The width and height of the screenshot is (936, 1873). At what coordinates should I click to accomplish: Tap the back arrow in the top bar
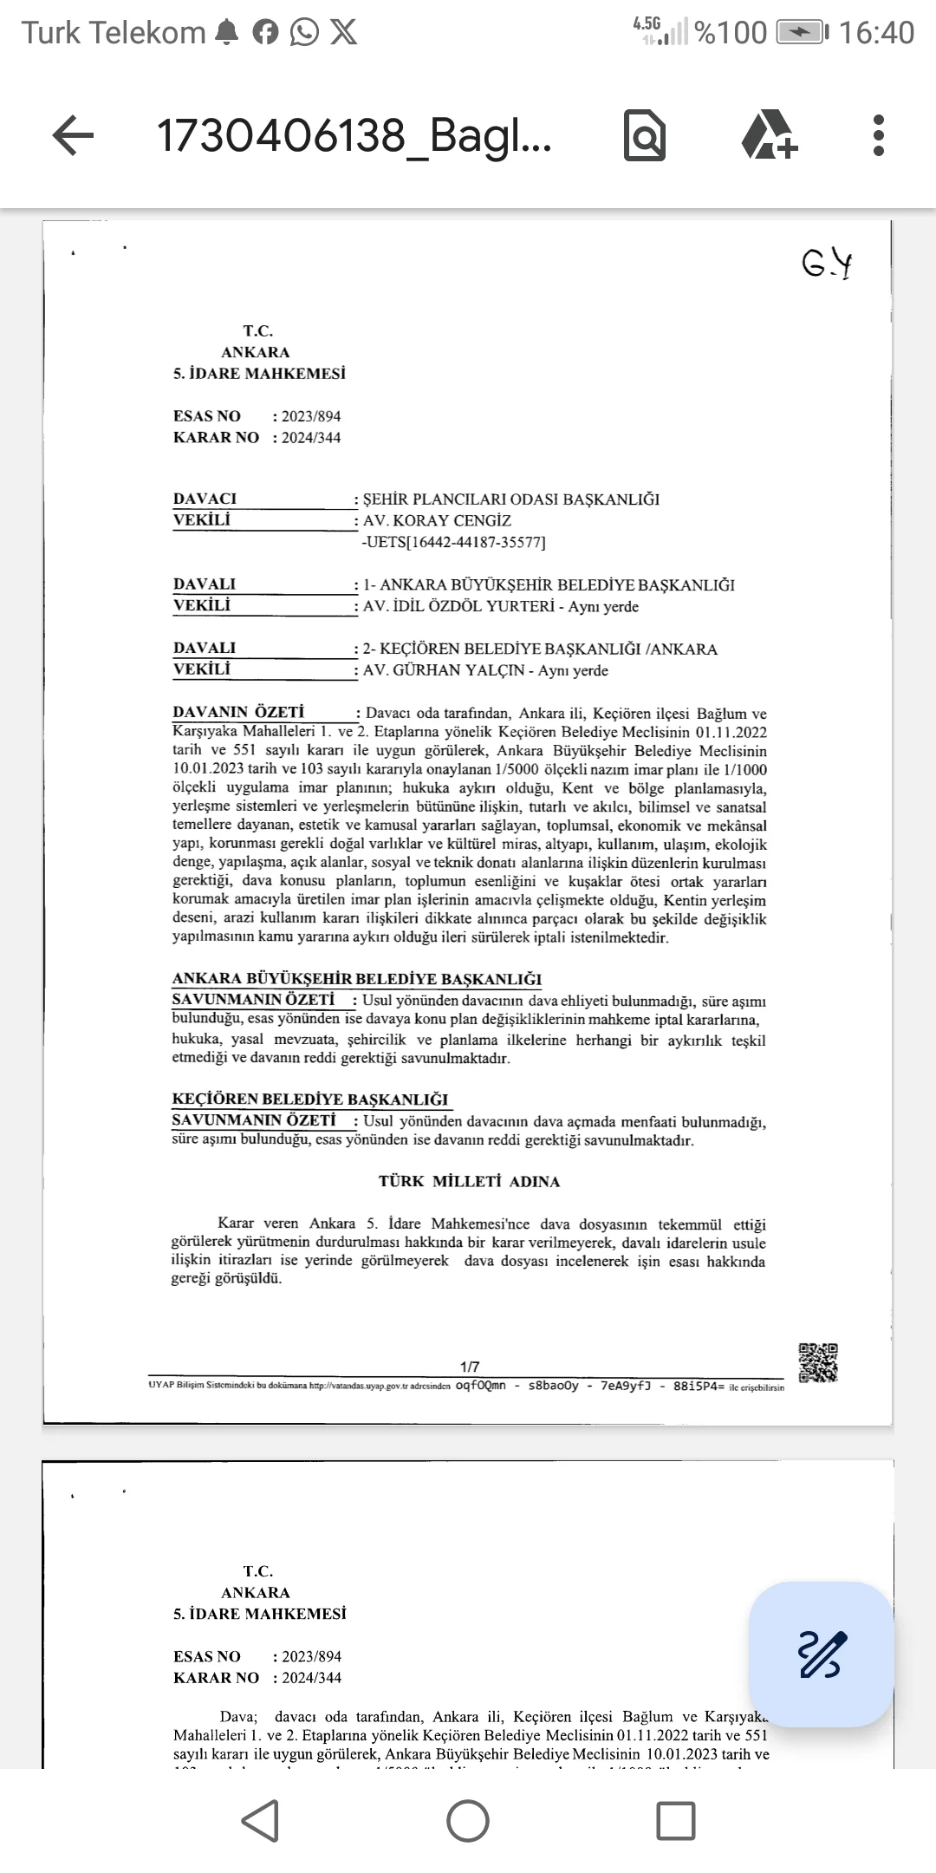pos(74,136)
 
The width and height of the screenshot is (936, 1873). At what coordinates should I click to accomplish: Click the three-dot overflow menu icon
pos(879,136)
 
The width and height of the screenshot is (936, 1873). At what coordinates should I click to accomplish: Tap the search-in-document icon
pos(645,136)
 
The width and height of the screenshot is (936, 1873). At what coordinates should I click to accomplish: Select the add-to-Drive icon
pos(769,136)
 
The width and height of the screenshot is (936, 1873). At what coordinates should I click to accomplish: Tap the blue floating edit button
pos(821,1654)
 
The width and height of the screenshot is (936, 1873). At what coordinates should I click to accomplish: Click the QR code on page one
pos(818,1362)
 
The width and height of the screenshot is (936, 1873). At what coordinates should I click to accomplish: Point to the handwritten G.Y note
pos(827,264)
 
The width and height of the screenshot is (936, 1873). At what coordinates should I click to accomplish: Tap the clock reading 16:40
pos(876,33)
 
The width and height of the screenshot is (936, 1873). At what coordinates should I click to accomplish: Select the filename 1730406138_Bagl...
pos(354,136)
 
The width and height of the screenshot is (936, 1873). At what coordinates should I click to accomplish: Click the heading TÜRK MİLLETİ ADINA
pos(469,1181)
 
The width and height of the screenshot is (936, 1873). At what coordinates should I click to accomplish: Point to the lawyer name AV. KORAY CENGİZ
pos(437,520)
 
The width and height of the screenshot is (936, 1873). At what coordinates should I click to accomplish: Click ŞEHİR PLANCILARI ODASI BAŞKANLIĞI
pos(511,499)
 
